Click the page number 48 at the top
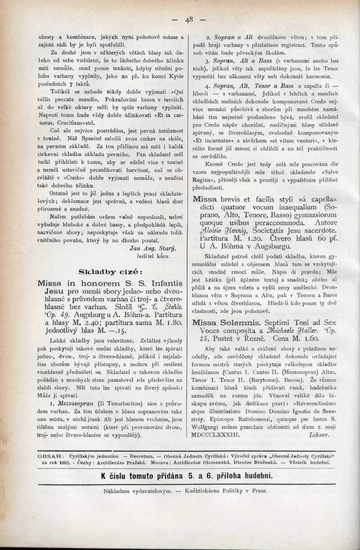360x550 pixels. click(x=189, y=19)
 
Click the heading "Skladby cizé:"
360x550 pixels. click(x=111, y=271)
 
